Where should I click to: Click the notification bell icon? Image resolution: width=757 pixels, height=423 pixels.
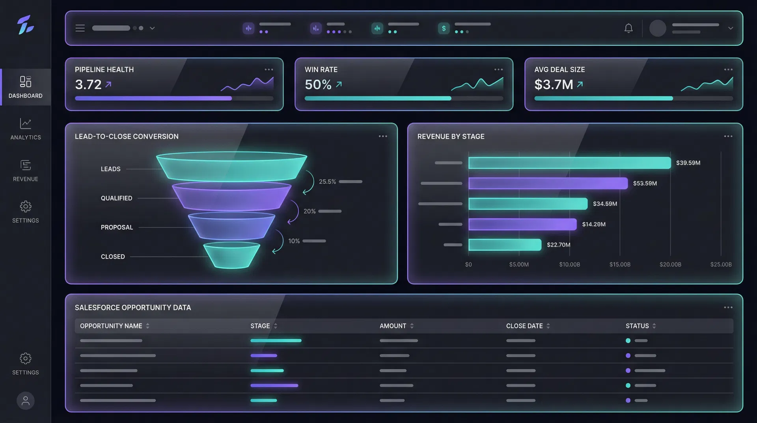pos(628,28)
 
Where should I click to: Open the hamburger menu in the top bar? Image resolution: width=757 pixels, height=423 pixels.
pos(80,28)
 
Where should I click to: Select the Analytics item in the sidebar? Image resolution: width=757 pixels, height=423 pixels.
pos(26,129)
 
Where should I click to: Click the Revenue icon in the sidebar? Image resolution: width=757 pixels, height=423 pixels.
pos(26,165)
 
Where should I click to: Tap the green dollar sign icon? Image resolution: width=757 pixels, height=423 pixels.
pos(444,28)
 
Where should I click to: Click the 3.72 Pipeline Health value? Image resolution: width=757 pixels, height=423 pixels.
pos(88,84)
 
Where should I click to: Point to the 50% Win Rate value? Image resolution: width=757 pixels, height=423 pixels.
pos(318,84)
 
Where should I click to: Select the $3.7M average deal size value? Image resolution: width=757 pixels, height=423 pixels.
pos(553,84)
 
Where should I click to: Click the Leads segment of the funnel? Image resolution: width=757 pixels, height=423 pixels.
pos(231,167)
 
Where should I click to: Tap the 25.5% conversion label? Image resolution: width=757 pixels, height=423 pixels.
pos(327,182)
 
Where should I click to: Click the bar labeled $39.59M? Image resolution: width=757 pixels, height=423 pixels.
pos(569,163)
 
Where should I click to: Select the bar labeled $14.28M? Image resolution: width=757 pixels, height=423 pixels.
pos(522,224)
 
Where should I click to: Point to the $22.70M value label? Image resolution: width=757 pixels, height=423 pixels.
pos(558,245)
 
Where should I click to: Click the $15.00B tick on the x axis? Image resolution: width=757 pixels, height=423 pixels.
pos(620,264)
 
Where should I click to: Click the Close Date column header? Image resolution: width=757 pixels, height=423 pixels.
pos(524,326)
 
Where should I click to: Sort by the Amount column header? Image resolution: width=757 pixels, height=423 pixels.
pos(393,326)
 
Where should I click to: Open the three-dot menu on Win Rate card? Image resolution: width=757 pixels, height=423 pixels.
pos(498,69)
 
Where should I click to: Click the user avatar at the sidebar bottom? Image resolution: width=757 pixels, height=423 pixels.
pos(26,401)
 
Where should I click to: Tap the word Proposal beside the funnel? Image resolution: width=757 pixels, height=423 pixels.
pos(117,227)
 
